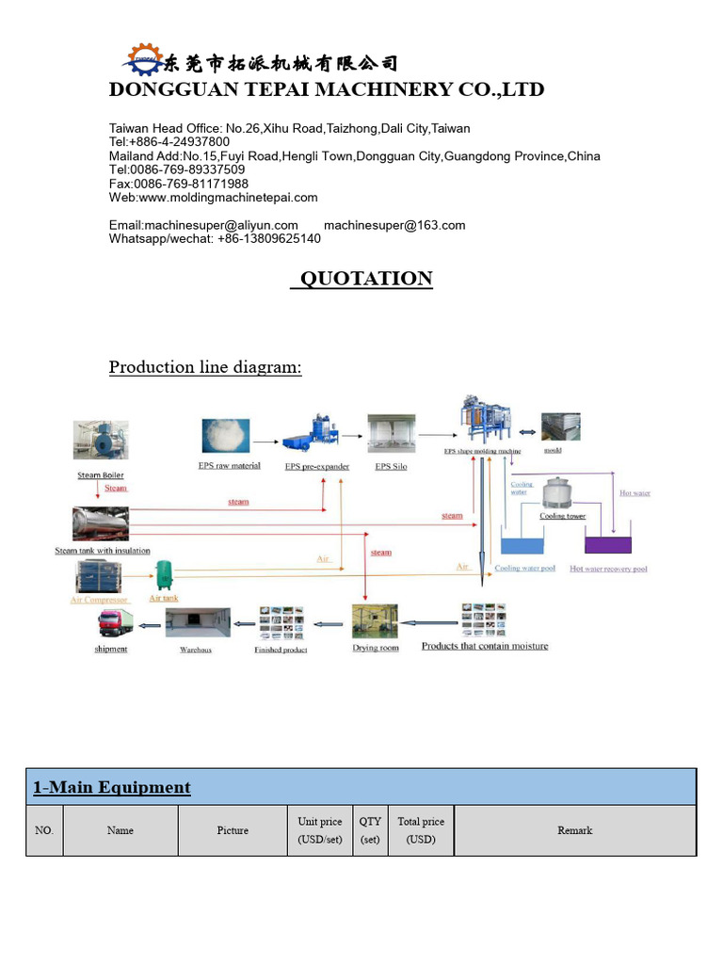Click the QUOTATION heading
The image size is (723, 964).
pyautogui.click(x=361, y=279)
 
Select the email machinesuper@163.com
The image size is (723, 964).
pyautogui.click(x=394, y=225)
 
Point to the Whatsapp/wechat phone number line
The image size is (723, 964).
pyautogui.click(x=215, y=239)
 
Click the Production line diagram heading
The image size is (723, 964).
pyautogui.click(x=205, y=367)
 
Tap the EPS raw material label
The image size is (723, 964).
pyautogui.click(x=230, y=466)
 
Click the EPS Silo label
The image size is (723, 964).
pyautogui.click(x=392, y=466)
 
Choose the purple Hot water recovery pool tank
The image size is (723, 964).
pyautogui.click(x=608, y=544)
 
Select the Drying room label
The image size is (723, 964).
pyautogui.click(x=376, y=648)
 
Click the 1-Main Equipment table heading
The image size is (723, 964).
pyautogui.click(x=112, y=788)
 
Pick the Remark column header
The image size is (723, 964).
pyautogui.click(x=574, y=830)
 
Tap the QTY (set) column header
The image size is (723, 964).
pyautogui.click(x=370, y=830)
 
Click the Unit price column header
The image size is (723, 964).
pyautogui.click(x=319, y=830)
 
